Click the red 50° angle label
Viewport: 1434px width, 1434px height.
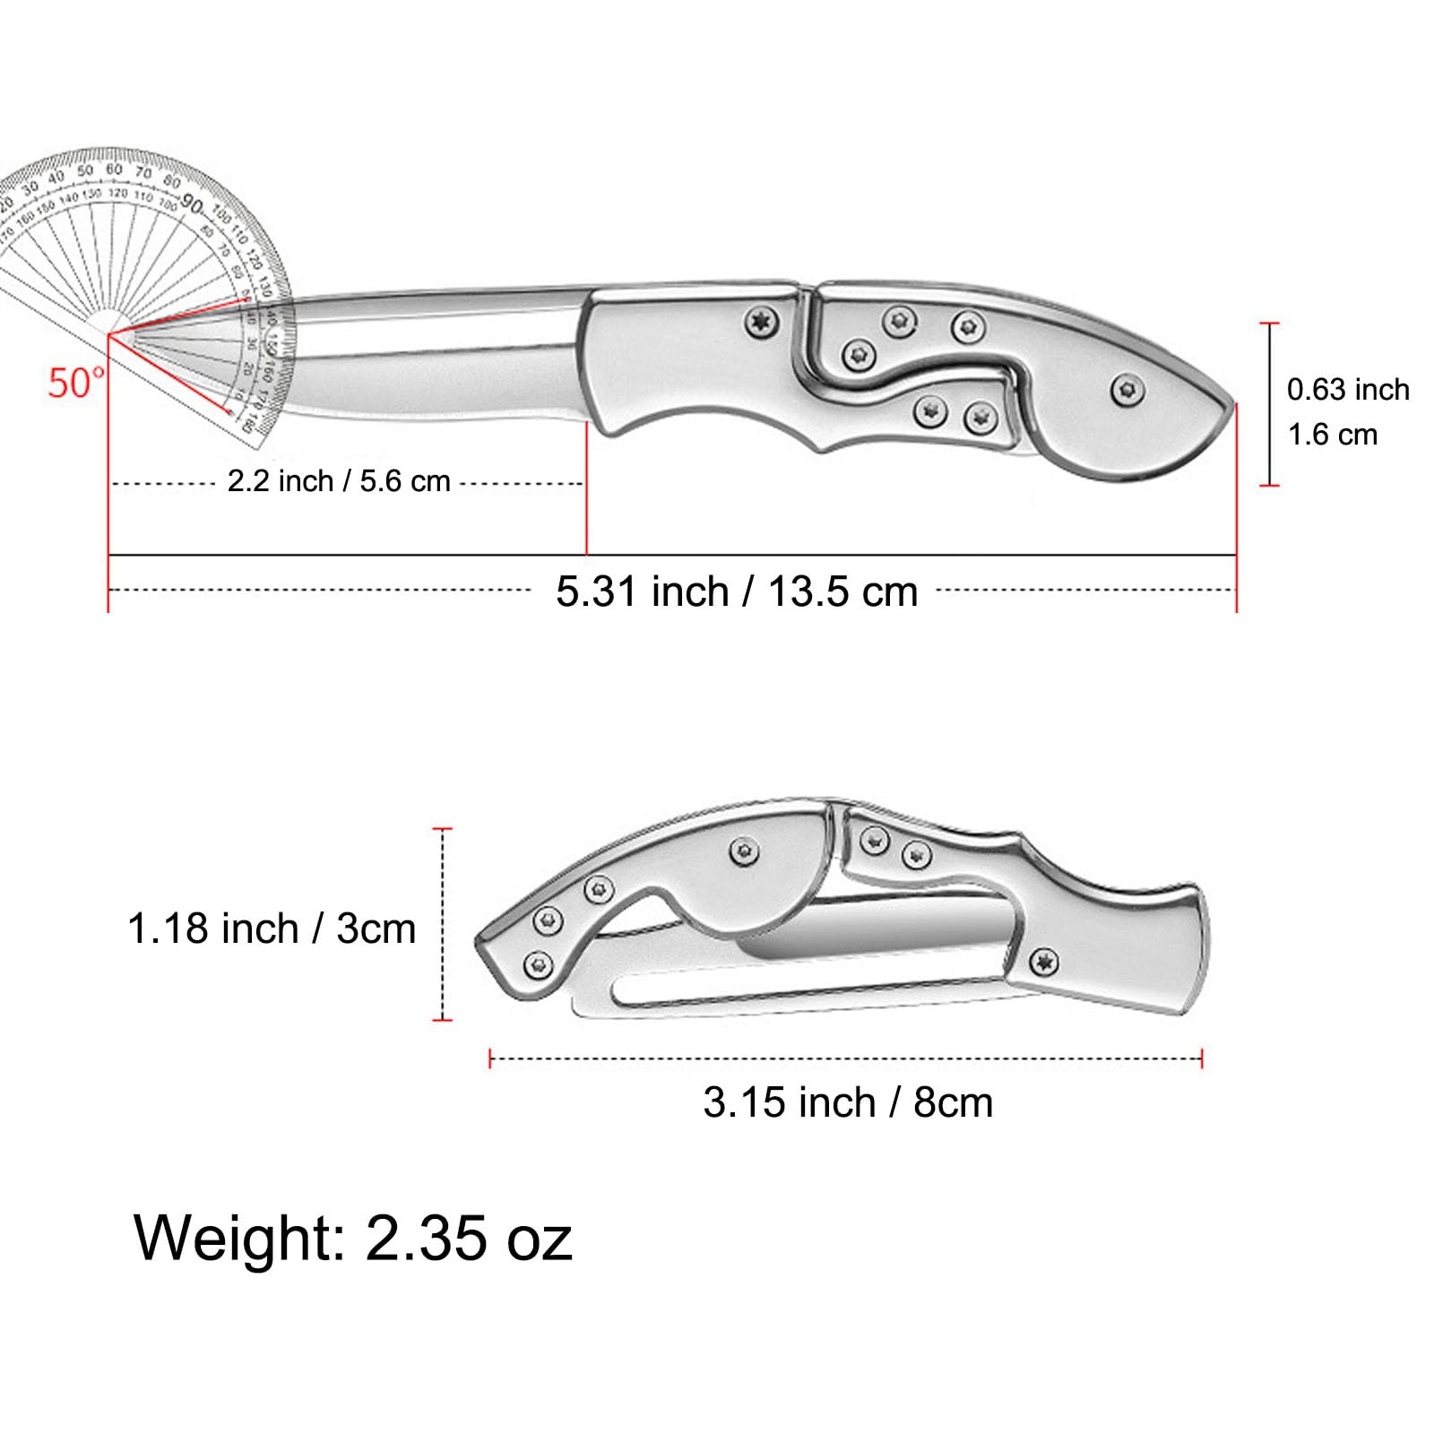[75, 383]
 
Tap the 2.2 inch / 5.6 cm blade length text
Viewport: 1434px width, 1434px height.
[338, 481]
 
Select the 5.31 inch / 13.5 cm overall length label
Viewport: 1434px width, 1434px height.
[736, 592]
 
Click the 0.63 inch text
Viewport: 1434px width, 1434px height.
[1347, 390]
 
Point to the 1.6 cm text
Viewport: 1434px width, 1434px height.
[1332, 435]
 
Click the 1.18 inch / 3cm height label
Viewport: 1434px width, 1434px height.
[272, 929]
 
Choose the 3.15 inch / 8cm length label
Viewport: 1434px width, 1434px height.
[847, 1102]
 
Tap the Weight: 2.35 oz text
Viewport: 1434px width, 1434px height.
[353, 1238]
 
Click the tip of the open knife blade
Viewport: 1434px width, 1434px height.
[113, 335]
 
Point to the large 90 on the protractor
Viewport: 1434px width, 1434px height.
[192, 204]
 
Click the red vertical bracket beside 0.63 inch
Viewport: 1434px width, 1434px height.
[1269, 404]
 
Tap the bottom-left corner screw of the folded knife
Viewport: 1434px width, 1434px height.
[538, 964]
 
